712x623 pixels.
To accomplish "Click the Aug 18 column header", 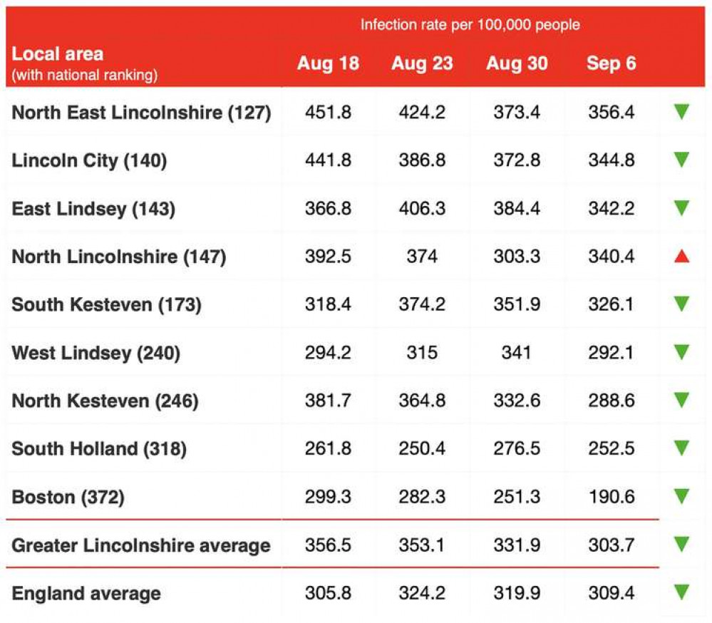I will pyautogui.click(x=328, y=63).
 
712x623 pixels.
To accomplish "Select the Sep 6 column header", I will pyautogui.click(x=611, y=63).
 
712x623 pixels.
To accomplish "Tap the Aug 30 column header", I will pyautogui.click(x=517, y=63).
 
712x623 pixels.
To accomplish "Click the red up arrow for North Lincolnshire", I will pyautogui.click(x=681, y=256).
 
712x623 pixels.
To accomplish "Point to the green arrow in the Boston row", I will pyautogui.click(x=681, y=496).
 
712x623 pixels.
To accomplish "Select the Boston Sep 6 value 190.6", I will pyautogui.click(x=611, y=497).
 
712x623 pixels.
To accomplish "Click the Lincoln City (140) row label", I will pyautogui.click(x=89, y=160).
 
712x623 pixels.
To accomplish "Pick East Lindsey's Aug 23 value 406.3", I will pyautogui.click(x=422, y=208).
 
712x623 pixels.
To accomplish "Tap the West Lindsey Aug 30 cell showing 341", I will pyautogui.click(x=517, y=352).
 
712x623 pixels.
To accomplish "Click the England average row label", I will pyautogui.click(x=86, y=593).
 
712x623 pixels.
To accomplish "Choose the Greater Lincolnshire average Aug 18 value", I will pyautogui.click(x=328, y=545).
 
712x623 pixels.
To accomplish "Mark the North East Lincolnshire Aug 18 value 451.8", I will pyautogui.click(x=328, y=112).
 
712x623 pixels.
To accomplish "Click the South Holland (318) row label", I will pyautogui.click(x=99, y=448).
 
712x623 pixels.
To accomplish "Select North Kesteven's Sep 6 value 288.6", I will pyautogui.click(x=611, y=401).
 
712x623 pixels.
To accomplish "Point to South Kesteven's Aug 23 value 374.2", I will pyautogui.click(x=422, y=304).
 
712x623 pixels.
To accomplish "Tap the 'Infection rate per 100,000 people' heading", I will pyautogui.click(x=470, y=25).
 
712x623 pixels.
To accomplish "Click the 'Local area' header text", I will pyautogui.click(x=58, y=53).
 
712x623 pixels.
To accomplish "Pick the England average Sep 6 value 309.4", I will pyautogui.click(x=611, y=593).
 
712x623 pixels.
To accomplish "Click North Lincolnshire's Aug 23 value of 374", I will pyautogui.click(x=422, y=256).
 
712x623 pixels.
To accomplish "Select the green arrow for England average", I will pyautogui.click(x=681, y=592).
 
